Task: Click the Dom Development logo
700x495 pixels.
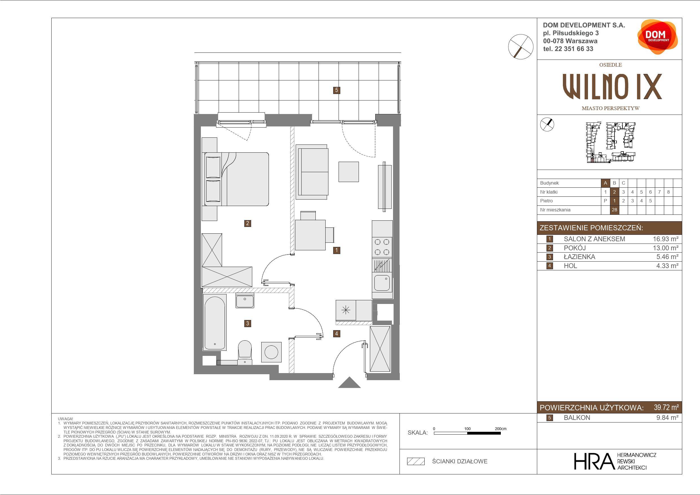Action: (657, 37)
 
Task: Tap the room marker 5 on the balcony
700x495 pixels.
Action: (337, 90)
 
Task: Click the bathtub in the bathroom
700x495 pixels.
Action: (215, 322)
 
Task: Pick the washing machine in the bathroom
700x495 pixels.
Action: (271, 352)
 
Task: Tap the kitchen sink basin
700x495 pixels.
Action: (382, 283)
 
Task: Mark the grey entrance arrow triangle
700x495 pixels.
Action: (349, 382)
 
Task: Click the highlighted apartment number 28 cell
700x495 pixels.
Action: (614, 210)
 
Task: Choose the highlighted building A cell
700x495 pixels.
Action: (605, 183)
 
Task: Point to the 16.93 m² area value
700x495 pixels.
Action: (666, 239)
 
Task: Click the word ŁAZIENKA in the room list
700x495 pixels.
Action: (579, 257)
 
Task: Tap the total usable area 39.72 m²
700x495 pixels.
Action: (666, 408)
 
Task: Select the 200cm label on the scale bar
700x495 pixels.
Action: (501, 428)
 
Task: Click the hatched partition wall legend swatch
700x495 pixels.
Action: (416, 461)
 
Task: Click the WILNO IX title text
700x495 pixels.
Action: (612, 87)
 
